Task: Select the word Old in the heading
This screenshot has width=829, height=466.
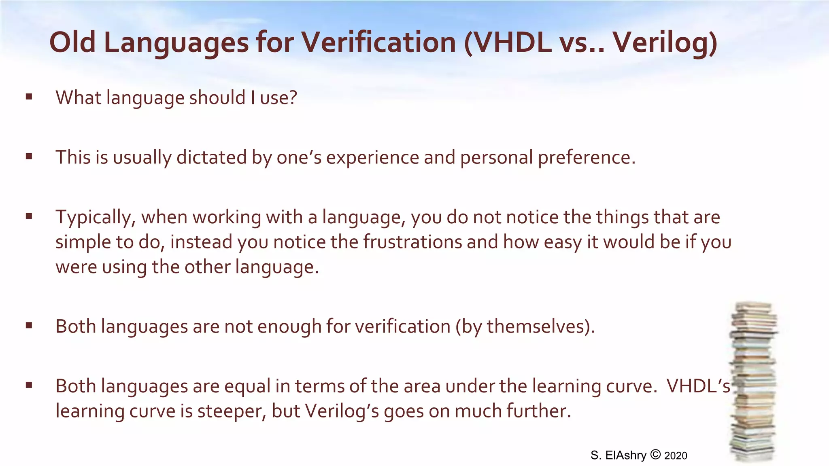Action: [72, 42]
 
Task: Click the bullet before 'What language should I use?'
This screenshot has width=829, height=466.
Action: [29, 97]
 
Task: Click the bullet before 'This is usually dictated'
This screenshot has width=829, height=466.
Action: [29, 157]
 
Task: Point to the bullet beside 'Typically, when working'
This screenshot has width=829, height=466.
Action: [29, 216]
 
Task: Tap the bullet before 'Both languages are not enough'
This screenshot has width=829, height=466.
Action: [29, 326]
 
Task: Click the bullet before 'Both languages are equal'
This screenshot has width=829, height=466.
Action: [29, 385]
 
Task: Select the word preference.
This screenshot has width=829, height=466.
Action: [586, 157]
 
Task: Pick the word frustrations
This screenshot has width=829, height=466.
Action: [412, 242]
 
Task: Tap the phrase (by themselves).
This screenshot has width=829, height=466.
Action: [525, 326]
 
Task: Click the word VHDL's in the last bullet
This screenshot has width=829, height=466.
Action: [698, 386]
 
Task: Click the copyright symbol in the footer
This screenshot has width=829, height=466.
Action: [655, 455]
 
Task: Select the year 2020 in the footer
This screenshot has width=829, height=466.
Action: [676, 456]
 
